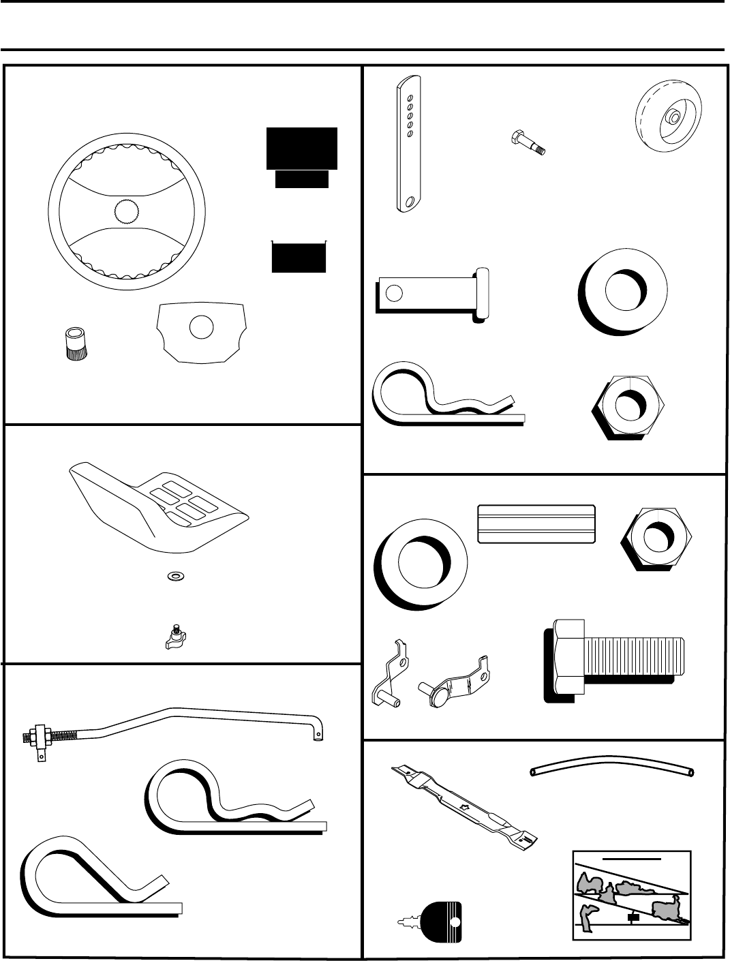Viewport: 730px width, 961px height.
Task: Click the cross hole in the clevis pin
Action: [x=393, y=294]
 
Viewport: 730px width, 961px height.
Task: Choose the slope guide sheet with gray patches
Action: [x=632, y=896]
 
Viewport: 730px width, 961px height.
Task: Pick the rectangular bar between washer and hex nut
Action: [x=536, y=524]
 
